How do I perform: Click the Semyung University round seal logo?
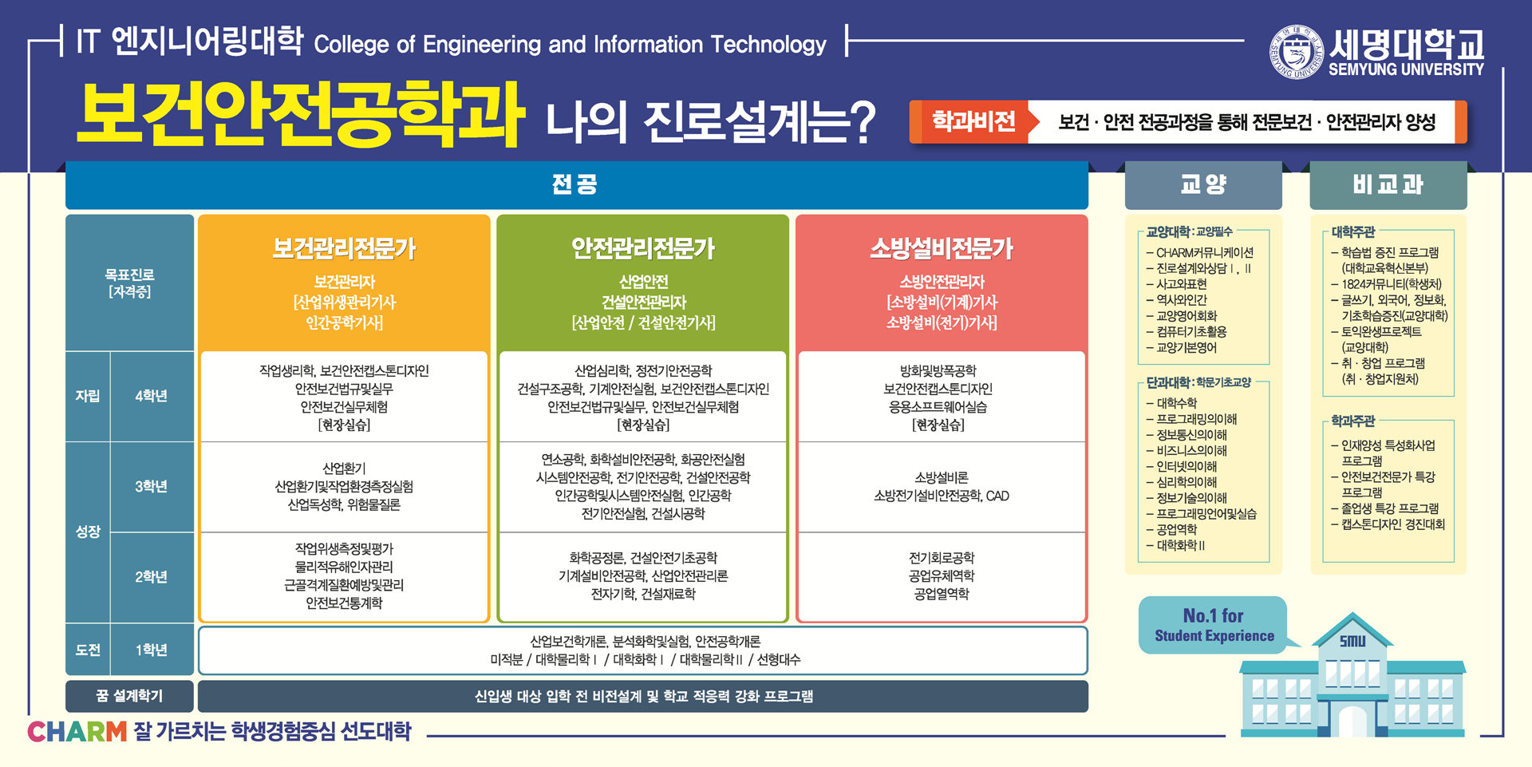tap(1297, 52)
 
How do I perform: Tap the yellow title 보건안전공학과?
tap(301, 116)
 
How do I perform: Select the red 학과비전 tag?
tap(974, 121)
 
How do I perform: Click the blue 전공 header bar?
tap(576, 185)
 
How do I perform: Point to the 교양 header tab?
tap(1203, 185)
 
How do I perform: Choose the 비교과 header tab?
tap(1388, 185)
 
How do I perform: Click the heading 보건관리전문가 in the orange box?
tap(344, 249)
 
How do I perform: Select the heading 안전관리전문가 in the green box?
tap(643, 249)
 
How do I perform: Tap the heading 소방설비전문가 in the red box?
tap(942, 249)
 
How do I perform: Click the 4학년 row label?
tap(151, 396)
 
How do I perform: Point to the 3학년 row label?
tap(151, 487)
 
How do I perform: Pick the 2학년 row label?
tap(151, 577)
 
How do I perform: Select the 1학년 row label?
tap(151, 650)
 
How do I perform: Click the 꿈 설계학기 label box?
tap(129, 696)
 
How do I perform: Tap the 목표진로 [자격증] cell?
tap(129, 283)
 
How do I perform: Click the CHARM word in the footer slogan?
tap(77, 731)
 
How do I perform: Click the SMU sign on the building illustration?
tap(1352, 641)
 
